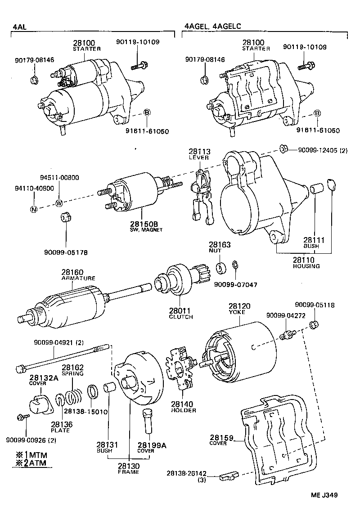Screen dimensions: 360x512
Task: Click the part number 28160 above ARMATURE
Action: [x=72, y=272]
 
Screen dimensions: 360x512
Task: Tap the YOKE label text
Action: [x=237, y=312]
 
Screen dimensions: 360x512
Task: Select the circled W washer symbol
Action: [x=59, y=203]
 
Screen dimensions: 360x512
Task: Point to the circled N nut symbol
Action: [x=34, y=209]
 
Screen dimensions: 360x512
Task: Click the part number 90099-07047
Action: [x=235, y=285]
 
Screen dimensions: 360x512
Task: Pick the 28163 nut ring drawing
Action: [x=221, y=268]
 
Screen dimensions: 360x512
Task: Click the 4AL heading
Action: [x=20, y=27]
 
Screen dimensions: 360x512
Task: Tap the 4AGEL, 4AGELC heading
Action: [x=213, y=26]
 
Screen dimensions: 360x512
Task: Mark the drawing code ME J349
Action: [x=324, y=495]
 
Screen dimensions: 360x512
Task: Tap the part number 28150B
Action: [x=144, y=224]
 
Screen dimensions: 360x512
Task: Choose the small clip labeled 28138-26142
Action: [x=229, y=476]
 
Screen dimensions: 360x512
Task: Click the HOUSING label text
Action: [x=306, y=266]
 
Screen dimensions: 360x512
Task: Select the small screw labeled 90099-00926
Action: [x=23, y=417]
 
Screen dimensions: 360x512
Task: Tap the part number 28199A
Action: [x=152, y=445]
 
